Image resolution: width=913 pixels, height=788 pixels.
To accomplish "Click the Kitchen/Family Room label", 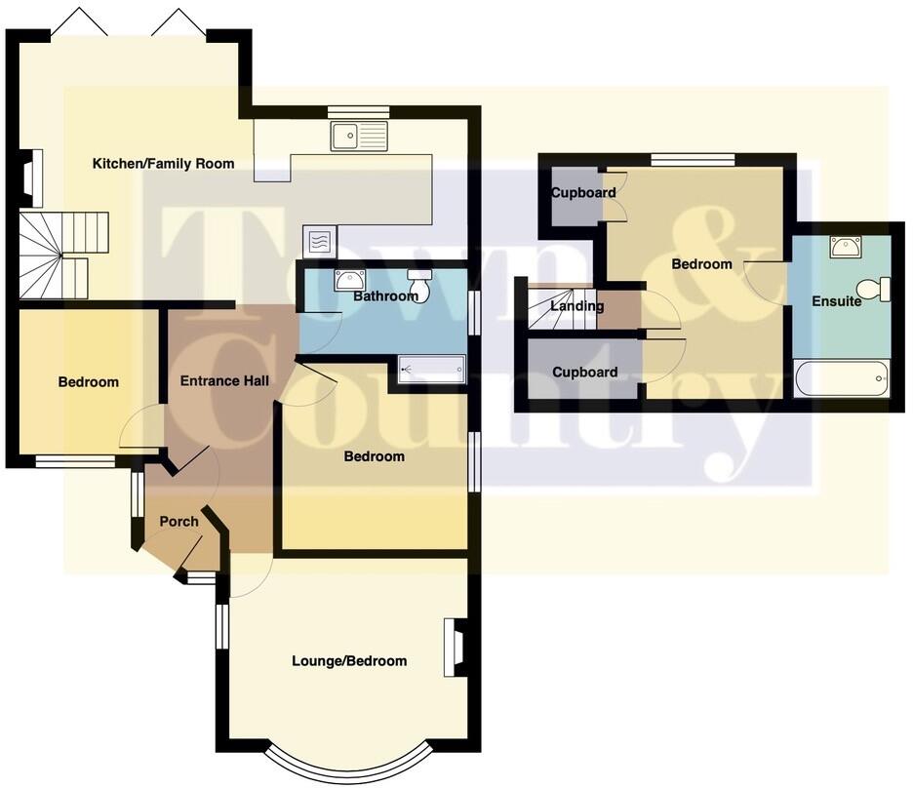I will point(163,164).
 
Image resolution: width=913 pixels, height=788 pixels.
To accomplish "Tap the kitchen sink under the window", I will point(359,137).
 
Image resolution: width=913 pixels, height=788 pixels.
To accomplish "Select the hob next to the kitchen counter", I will point(320,240).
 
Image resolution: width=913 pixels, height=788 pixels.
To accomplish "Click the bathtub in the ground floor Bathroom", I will point(431,370).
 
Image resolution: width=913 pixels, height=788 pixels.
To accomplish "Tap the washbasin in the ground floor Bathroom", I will point(349,280).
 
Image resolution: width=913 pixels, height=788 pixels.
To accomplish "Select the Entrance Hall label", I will point(224,380).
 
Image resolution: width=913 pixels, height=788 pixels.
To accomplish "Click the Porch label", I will point(179,522).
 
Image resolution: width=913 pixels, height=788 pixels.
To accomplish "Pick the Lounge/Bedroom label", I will point(349,661).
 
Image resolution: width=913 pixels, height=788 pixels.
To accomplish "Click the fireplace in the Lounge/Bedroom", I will point(456,648).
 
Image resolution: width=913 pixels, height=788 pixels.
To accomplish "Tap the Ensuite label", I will point(837,301).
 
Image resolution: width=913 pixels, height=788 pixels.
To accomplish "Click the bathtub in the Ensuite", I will point(842,378).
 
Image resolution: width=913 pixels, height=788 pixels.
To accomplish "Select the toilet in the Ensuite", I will point(883,290).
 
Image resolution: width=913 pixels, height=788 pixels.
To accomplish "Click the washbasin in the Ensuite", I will point(846,247).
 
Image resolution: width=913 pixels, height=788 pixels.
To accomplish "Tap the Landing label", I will point(577,306).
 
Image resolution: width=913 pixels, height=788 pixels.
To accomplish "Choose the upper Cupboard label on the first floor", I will point(583,193).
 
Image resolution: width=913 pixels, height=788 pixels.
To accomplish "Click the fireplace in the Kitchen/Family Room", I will point(30,178).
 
